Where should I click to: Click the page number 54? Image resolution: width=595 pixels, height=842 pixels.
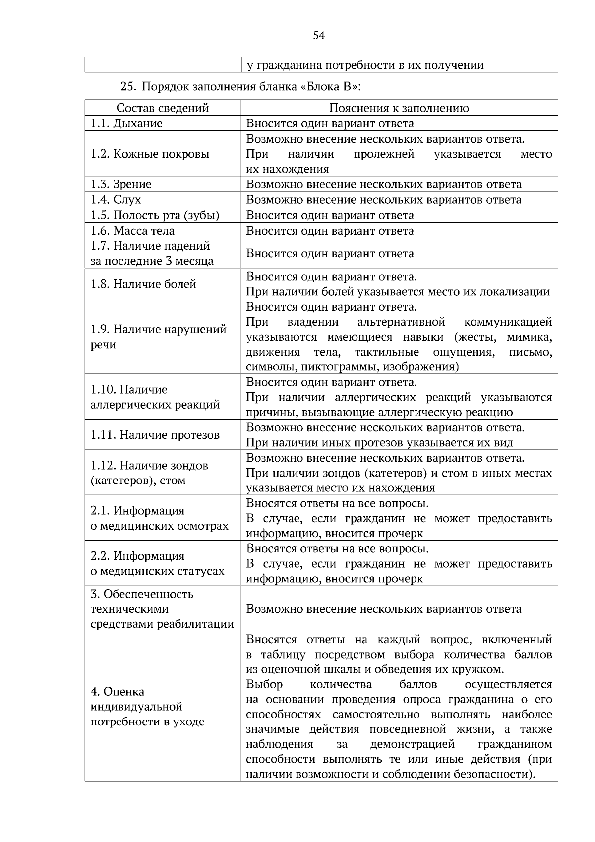[319, 35]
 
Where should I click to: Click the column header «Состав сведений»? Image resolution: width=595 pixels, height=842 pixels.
[162, 108]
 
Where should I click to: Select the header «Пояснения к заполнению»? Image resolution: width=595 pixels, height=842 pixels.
[399, 108]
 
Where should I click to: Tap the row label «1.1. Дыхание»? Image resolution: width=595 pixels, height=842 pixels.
[126, 123]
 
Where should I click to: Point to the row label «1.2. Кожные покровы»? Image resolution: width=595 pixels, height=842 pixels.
[150, 154]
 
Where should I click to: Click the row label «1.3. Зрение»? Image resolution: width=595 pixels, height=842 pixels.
[121, 184]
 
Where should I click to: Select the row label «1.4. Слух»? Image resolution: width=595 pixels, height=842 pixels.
[116, 200]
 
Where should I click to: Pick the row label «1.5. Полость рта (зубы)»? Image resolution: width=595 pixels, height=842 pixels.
[155, 215]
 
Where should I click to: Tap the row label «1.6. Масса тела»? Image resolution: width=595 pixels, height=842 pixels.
[132, 231]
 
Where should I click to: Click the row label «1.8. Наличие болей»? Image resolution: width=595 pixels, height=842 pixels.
[143, 284]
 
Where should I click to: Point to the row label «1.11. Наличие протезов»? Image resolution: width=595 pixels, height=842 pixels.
[155, 435]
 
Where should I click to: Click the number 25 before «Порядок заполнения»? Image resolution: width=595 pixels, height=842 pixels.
[128, 86]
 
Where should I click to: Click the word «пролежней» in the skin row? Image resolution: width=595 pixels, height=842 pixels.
[384, 154]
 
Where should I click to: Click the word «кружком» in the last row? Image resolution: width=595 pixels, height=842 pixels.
[479, 669]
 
